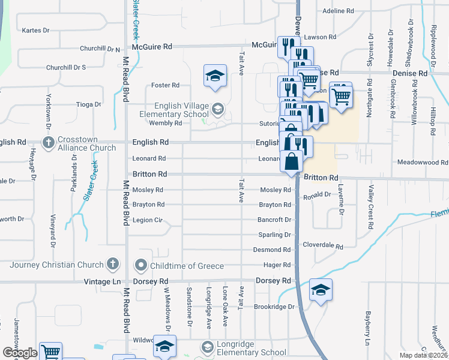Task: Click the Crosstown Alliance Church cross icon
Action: pos(49,142)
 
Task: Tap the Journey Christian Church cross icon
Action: pos(112,264)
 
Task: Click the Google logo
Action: pos(20,353)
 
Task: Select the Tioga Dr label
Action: pos(89,104)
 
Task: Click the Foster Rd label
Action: pos(166,85)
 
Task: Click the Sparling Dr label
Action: pos(274,235)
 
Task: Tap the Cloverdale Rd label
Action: pos(322,246)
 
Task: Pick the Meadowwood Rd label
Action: pos(423,162)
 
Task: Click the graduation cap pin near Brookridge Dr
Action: pos(321,290)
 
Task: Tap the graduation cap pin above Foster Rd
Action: pos(215,76)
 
